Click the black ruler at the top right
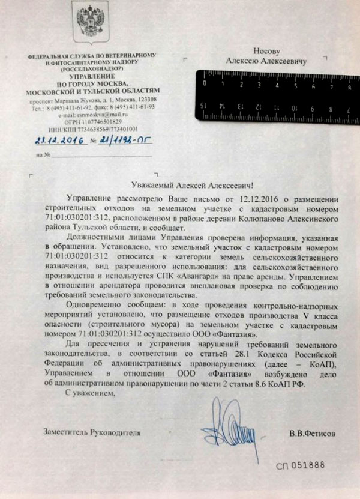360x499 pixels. pos(276,93)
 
